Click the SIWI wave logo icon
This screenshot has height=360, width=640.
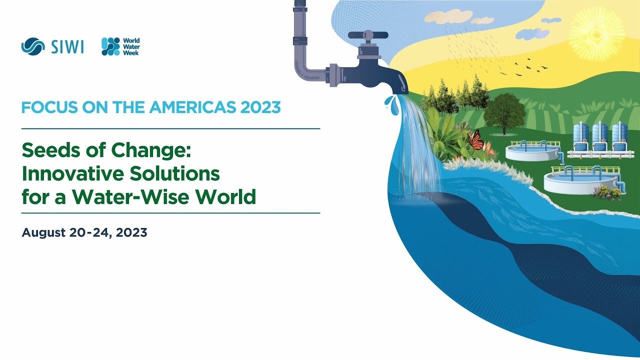(x=33, y=46)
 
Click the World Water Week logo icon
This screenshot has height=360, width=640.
(x=110, y=46)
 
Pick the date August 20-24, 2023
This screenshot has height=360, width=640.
(x=84, y=232)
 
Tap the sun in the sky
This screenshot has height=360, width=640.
(x=596, y=34)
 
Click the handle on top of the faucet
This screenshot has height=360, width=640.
(x=368, y=35)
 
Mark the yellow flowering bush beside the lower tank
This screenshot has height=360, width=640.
(x=606, y=192)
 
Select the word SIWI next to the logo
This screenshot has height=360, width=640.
(x=67, y=47)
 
